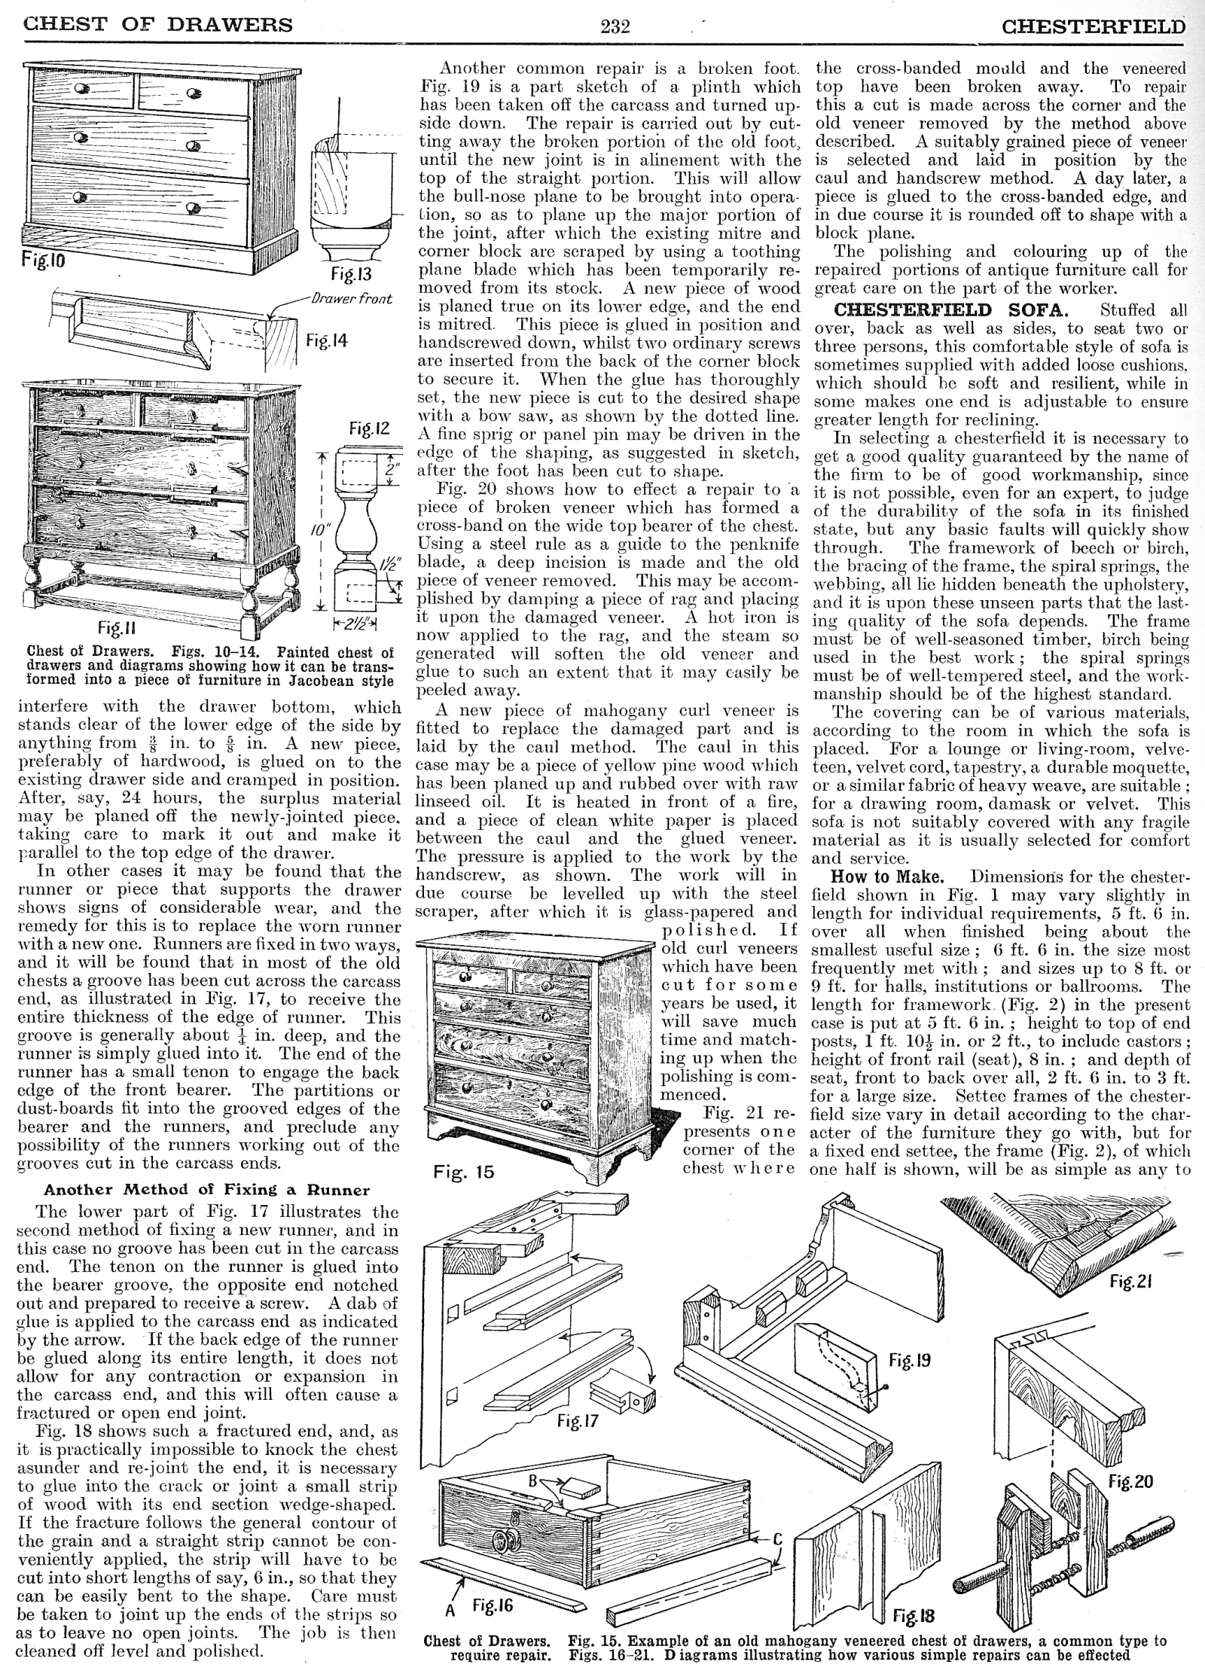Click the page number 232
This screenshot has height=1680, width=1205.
[615, 26]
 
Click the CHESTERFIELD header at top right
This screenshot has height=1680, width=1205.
[1093, 26]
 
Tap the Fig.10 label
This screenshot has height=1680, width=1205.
[44, 261]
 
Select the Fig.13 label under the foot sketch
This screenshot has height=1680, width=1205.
[351, 273]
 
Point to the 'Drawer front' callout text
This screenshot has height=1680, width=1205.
[352, 298]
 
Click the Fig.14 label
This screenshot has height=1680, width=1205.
[327, 340]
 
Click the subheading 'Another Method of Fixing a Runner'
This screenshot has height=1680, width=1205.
[207, 1190]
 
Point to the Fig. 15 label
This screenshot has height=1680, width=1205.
[460, 1172]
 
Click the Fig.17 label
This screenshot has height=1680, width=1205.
[578, 1421]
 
